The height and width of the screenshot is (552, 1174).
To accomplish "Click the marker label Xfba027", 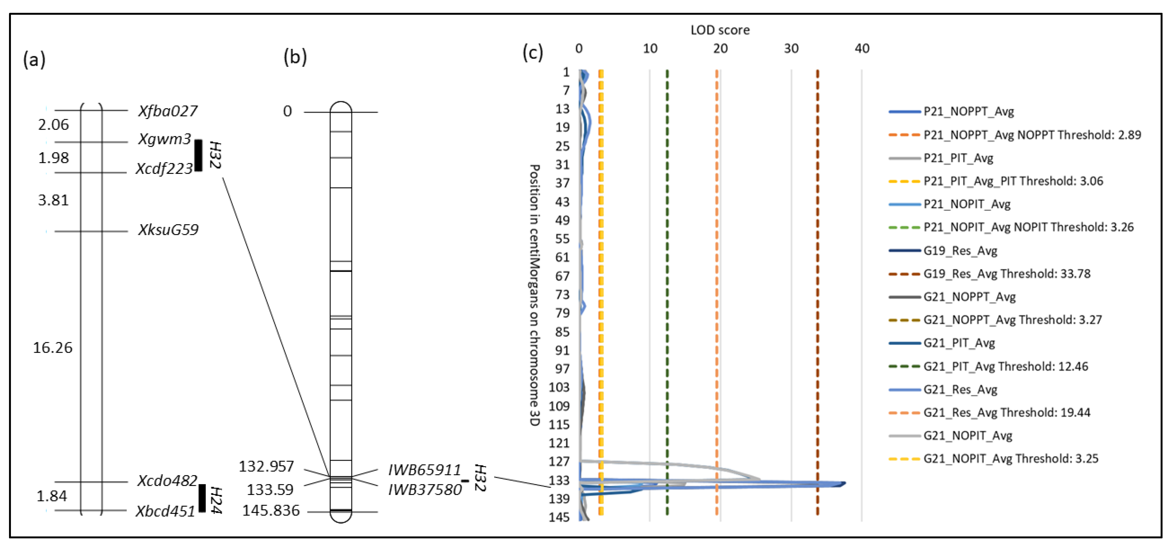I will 168,111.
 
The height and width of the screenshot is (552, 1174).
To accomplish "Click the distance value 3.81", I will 53,200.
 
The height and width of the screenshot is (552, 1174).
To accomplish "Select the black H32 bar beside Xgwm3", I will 198,155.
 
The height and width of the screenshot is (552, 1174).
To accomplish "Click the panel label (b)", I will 295,57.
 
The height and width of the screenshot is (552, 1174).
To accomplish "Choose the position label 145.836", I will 271,511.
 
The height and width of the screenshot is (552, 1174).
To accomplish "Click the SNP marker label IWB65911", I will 424,470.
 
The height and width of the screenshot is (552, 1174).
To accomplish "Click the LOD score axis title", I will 720,30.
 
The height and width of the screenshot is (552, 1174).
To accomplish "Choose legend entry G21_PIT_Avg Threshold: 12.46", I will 1005,366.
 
